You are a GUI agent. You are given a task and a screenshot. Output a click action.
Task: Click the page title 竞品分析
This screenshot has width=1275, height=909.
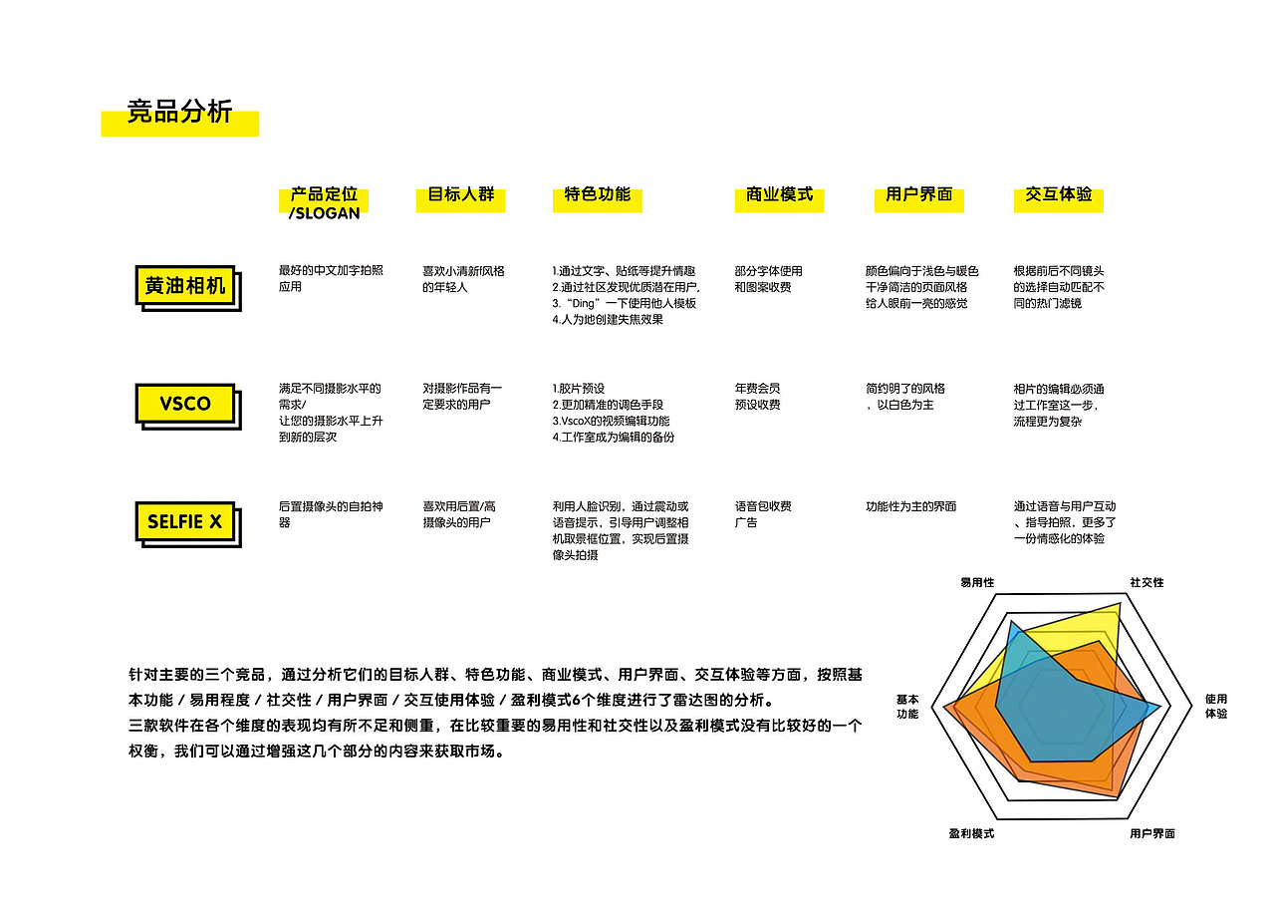pyautogui.click(x=179, y=112)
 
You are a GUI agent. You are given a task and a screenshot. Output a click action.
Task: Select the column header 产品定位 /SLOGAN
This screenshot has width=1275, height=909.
pyautogui.click(x=324, y=203)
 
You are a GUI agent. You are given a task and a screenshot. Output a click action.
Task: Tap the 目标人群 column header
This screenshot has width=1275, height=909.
pyautogui.click(x=460, y=194)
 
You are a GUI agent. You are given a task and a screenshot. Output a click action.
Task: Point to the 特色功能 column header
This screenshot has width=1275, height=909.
pyautogui.click(x=597, y=194)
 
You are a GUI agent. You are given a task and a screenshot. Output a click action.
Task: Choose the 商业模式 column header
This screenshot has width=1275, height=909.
pyautogui.click(x=779, y=194)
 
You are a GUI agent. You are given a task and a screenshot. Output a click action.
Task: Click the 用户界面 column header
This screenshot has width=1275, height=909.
pyautogui.click(x=918, y=194)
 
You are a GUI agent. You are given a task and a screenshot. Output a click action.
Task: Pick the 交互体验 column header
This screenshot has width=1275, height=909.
pyautogui.click(x=1058, y=194)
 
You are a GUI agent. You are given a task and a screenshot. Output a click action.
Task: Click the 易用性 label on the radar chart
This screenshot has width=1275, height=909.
pyautogui.click(x=977, y=583)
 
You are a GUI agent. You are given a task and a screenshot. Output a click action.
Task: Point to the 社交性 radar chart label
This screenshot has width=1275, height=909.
pyautogui.click(x=1147, y=583)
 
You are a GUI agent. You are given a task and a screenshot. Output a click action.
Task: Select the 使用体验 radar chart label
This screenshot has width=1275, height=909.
pyautogui.click(x=1216, y=707)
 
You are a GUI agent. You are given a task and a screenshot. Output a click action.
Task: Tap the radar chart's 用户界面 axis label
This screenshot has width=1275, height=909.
pyautogui.click(x=1152, y=834)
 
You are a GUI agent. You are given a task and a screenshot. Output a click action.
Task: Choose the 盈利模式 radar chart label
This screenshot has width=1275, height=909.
pyautogui.click(x=971, y=834)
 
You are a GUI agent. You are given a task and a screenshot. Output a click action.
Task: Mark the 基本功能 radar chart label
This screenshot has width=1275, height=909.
pyautogui.click(x=907, y=707)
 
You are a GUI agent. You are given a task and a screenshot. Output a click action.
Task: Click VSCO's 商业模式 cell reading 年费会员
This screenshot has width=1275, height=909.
pyautogui.click(x=757, y=389)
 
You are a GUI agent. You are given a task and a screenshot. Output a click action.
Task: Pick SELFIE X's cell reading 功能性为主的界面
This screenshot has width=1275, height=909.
pyautogui.click(x=910, y=506)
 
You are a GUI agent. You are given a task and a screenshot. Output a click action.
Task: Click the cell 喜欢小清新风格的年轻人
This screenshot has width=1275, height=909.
pyautogui.click(x=463, y=279)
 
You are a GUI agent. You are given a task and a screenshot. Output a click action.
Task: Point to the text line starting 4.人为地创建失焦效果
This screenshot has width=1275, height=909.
pyautogui.click(x=608, y=320)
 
